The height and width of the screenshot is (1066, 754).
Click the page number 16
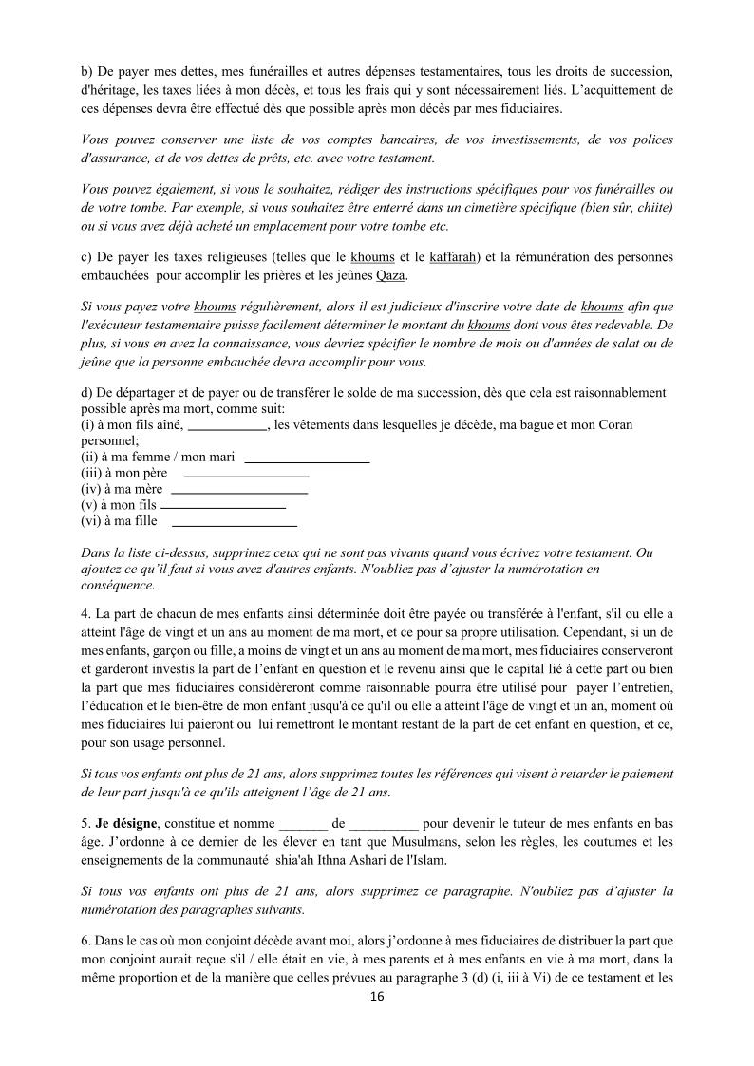377,997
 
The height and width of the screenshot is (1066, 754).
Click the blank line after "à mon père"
246,473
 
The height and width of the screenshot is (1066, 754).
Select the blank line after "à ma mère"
239,490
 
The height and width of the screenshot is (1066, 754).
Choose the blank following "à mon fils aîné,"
228,425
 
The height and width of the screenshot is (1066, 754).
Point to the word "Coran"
613,425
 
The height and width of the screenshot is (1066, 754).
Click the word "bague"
538,425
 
